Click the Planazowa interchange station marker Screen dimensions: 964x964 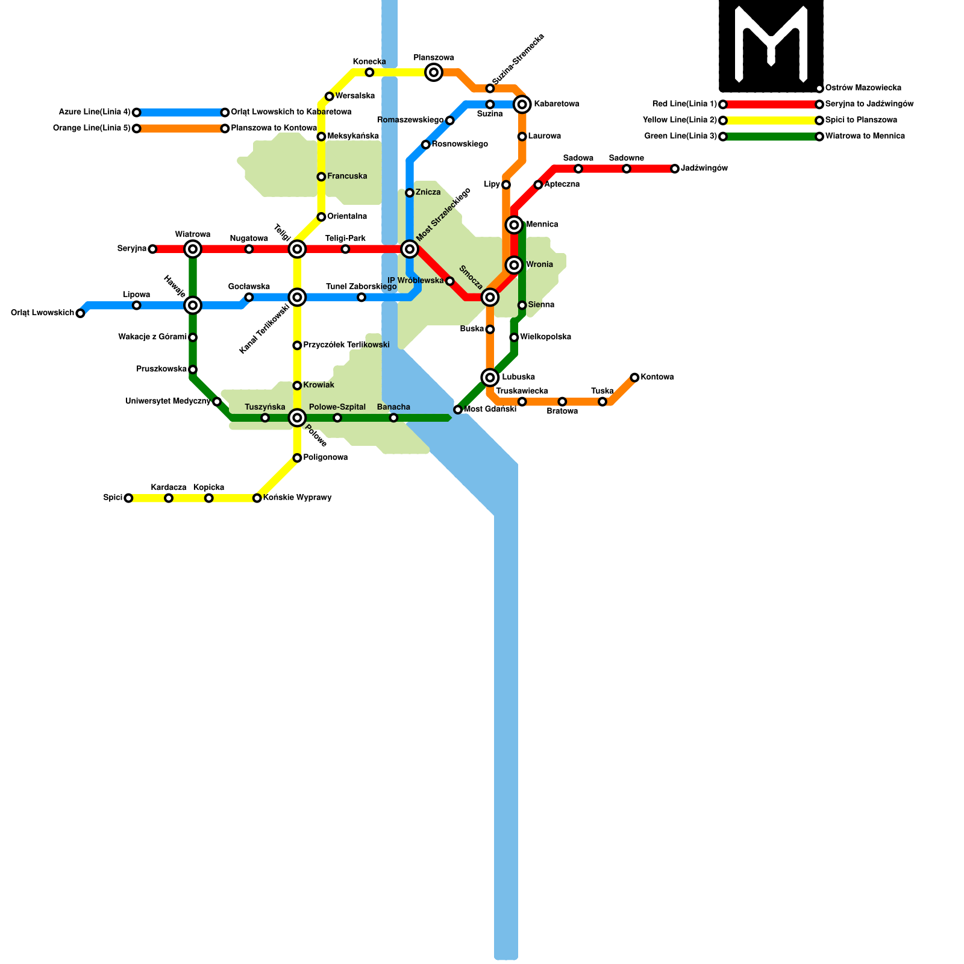click(434, 73)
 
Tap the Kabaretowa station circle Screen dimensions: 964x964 click(522, 104)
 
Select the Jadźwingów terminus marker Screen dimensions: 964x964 click(675, 169)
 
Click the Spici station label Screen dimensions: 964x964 click(112, 498)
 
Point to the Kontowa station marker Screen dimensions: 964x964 click(634, 378)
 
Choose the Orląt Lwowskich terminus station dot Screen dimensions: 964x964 click(80, 313)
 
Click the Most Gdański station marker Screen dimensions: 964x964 click(458, 410)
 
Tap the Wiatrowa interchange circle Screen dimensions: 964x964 click(193, 249)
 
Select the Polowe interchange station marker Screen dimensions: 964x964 click(297, 418)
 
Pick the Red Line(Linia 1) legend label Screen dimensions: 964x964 click(684, 104)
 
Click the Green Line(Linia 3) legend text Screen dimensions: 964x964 click(680, 136)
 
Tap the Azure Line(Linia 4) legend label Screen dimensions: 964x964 click(94, 112)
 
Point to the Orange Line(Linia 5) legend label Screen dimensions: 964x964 click(92, 128)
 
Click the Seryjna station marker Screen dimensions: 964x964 click(152, 249)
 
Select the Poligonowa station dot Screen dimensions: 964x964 click(297, 458)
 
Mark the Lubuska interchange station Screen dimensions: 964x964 click(490, 378)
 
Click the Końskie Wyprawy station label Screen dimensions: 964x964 click(298, 498)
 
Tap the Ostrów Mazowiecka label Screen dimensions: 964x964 click(863, 88)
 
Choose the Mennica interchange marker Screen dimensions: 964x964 click(514, 225)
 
